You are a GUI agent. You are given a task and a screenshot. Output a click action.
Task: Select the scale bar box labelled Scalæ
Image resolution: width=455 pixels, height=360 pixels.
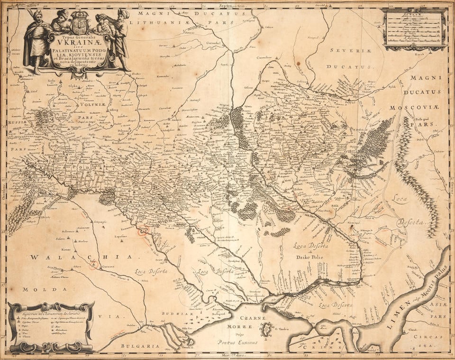pos(414,28)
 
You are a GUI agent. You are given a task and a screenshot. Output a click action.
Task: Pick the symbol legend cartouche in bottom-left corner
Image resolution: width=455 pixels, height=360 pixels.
pos(51,326)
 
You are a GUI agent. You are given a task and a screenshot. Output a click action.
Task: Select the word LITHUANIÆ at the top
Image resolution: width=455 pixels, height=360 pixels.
pos(158,22)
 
